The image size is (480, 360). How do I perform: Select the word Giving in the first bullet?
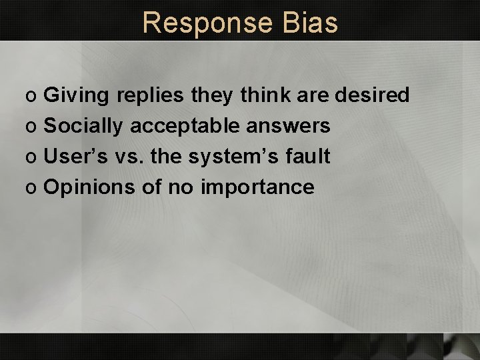[x=76, y=96]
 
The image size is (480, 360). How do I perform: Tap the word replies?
[x=149, y=96]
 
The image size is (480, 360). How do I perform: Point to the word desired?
[x=371, y=95]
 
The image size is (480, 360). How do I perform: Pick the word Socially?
[x=84, y=126]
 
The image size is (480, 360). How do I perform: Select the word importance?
[x=257, y=187]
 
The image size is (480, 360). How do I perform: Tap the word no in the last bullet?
[x=179, y=187]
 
